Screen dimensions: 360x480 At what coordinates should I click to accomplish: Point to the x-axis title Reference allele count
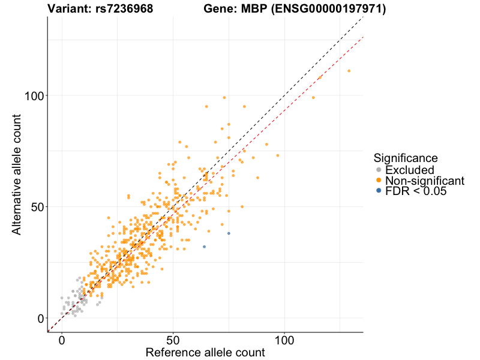(205, 353)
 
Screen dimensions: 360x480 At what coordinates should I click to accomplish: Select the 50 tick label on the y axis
(37, 207)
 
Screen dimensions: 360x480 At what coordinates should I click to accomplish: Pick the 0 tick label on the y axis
(41, 318)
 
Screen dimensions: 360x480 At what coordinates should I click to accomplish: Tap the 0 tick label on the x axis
(62, 340)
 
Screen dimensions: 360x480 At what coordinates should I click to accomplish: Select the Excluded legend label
(409, 170)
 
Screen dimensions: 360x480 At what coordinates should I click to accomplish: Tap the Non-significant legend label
(425, 181)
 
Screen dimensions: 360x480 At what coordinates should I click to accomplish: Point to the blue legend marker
(378, 191)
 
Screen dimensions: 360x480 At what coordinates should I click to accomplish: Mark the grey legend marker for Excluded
(378, 170)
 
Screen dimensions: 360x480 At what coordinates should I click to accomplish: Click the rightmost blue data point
(229, 233)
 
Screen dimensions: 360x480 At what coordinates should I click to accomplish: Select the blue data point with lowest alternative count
(204, 247)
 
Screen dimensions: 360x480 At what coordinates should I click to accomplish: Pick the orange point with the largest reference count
(349, 71)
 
